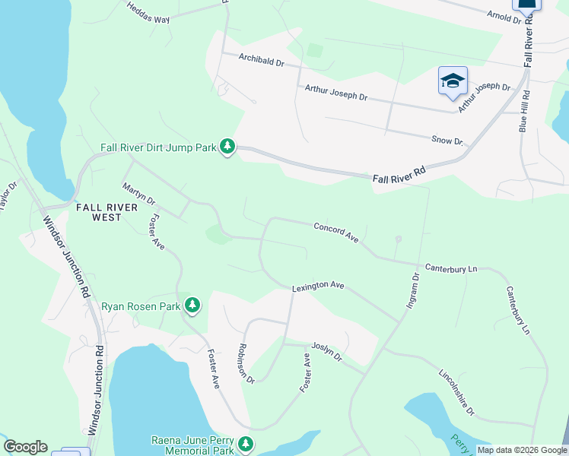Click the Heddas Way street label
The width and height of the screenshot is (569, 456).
coord(148,13)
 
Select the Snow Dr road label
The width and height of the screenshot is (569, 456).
coord(447,141)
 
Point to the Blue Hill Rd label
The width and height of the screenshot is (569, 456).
coord(523,111)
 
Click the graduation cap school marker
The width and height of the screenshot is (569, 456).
coord(453,81)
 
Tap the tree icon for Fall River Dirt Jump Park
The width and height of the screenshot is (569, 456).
coord(227,146)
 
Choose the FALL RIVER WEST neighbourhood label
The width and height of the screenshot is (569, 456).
coord(106,212)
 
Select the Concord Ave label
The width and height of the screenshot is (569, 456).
coord(335,232)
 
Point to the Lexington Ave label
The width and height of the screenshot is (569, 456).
coord(319,287)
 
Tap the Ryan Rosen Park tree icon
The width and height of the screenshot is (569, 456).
coord(193,306)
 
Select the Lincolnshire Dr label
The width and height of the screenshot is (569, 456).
coord(456,392)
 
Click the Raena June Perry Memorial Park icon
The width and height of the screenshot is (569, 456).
coord(245,443)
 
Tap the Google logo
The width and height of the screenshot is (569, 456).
coord(25,447)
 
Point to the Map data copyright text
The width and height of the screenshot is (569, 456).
coord(521,450)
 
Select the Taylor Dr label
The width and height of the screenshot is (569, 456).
coord(7,195)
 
